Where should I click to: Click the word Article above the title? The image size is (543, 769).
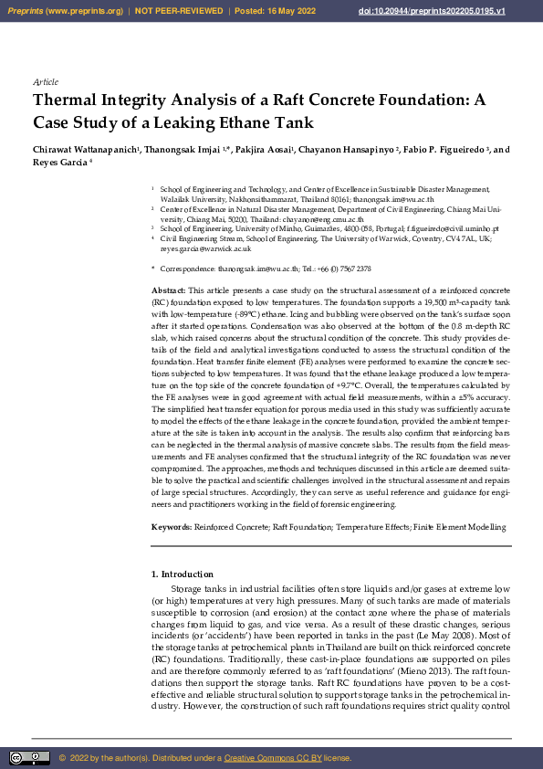tap(45, 82)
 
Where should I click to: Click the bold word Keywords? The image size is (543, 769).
tap(172, 528)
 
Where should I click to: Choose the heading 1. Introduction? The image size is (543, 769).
tap(182, 574)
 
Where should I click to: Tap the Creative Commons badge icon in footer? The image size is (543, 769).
tap(30, 758)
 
